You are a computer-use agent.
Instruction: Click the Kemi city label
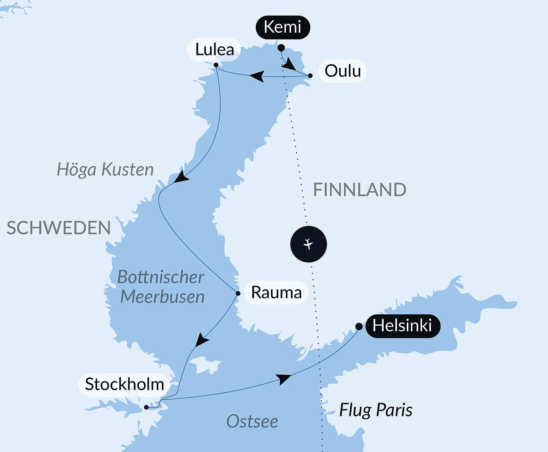pos(282,27)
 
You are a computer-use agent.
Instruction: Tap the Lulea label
pos(215,50)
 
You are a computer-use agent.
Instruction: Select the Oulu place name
pos(342,71)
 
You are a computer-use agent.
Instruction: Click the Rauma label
pos(276,292)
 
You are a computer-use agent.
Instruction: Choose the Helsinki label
pos(402,326)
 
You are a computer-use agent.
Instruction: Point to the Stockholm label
pos(124,384)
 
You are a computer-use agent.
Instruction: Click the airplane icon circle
pos(308,244)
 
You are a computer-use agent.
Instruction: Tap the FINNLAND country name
pos(360,190)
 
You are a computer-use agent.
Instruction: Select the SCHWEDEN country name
pos(59,228)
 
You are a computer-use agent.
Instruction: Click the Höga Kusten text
pos(105,169)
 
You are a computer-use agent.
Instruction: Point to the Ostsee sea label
pos(252,422)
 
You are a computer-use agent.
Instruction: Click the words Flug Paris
pos(376,410)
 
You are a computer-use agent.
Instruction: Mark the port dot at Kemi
pos(281,48)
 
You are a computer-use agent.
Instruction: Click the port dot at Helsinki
pos(359,326)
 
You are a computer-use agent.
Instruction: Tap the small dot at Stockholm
pos(146,407)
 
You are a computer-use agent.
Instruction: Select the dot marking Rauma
pos(238,293)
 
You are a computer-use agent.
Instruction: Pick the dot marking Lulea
pos(216,65)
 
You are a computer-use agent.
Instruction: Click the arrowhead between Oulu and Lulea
pos(257,76)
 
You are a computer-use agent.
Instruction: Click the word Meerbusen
pos(162,297)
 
